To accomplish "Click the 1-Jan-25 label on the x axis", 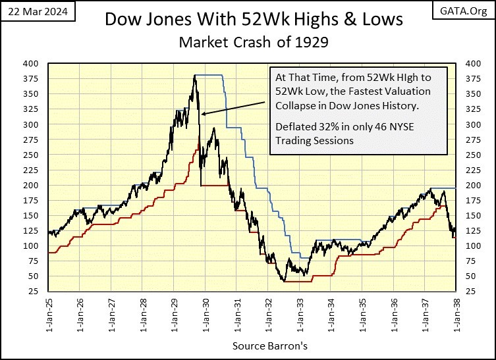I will tap(49, 316).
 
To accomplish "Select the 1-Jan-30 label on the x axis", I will tap(205, 316).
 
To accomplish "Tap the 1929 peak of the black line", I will tap(195, 76).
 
